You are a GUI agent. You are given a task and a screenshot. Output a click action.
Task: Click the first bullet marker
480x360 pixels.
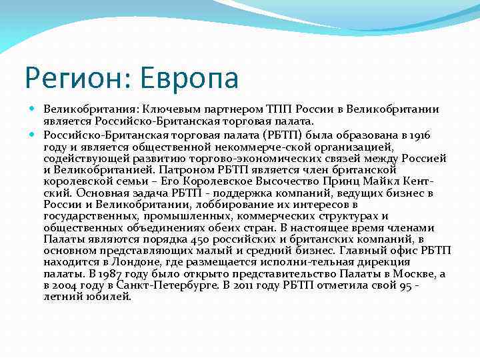(35, 109)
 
